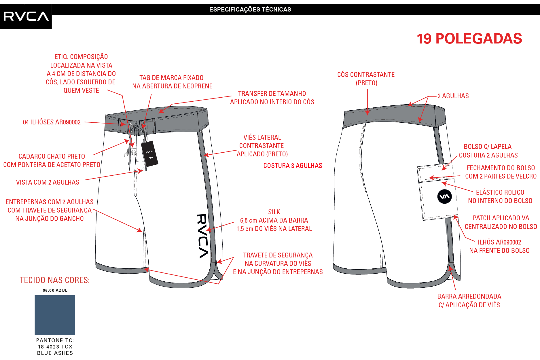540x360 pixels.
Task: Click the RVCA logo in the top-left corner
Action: coord(26,16)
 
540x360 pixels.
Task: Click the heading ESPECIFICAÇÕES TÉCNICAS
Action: coord(250,10)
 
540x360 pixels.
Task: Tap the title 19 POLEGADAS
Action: coord(469,39)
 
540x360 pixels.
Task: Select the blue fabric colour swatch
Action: coord(55,315)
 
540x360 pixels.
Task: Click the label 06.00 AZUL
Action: coord(55,290)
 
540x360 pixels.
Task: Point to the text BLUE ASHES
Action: coord(55,353)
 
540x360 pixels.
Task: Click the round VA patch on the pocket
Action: coord(444,197)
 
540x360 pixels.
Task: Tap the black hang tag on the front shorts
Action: coord(149,154)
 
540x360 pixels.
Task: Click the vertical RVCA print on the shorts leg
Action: coord(202,236)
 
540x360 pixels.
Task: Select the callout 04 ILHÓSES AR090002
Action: coord(52,122)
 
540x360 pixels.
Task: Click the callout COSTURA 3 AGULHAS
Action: coord(293,166)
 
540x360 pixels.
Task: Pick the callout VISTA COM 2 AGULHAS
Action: coord(48,182)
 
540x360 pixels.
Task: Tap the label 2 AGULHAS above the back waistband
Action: coord(453,96)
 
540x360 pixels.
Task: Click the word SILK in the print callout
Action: coord(274,212)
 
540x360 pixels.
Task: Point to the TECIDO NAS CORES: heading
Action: coord(55,280)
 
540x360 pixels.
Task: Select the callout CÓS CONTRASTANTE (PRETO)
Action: coord(366,79)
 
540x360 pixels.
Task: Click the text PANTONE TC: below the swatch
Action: coord(55,340)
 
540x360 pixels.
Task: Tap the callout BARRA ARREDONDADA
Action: coord(469,296)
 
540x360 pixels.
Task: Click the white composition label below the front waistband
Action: coord(126,152)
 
